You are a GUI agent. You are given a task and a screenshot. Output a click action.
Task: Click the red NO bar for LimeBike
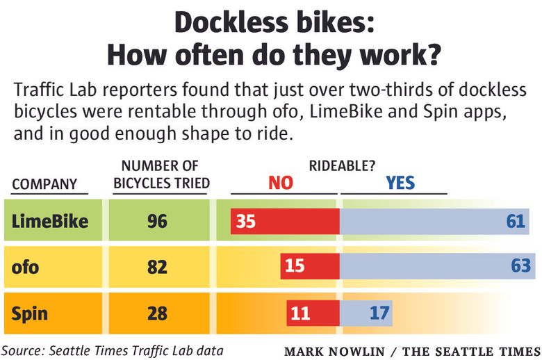285,222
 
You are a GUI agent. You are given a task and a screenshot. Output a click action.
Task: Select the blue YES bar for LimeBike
434,222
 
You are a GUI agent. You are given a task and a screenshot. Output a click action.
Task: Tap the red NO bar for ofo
310,266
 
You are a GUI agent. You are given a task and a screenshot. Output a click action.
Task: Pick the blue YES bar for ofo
436,266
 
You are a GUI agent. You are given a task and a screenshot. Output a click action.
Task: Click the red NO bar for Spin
313,313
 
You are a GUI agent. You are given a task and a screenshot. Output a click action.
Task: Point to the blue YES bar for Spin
366,313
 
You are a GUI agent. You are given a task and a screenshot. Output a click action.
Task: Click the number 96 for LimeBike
157,222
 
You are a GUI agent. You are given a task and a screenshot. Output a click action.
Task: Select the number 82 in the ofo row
157,266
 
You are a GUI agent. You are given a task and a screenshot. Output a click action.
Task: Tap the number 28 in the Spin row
157,313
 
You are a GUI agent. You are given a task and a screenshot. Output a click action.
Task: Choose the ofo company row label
26,266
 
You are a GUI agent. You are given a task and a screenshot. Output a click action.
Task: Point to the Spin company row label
30,313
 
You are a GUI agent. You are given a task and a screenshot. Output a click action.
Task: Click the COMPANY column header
44,184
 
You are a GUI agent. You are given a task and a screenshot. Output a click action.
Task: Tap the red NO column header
281,183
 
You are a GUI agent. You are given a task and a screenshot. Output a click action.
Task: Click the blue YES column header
400,183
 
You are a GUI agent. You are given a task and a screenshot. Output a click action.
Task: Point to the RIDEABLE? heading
343,166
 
